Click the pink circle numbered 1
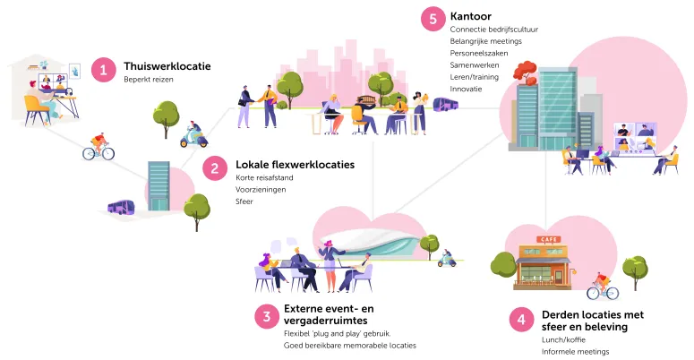(x=105, y=69)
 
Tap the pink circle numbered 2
(x=215, y=167)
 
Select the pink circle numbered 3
(x=265, y=315)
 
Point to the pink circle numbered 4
(x=521, y=320)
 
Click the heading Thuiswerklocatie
(x=167, y=65)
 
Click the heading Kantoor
(x=472, y=16)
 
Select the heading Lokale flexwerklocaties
(x=295, y=165)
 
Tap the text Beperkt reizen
(x=149, y=80)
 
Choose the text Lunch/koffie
(x=565, y=339)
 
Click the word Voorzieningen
(x=261, y=190)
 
